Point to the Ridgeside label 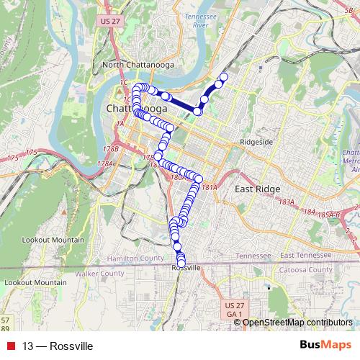tap(256, 142)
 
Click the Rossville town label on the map tap(186, 267)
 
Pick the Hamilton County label tap(135, 258)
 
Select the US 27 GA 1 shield tap(232, 310)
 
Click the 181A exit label tap(209, 187)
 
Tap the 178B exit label tap(111, 148)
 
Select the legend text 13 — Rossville tap(58, 346)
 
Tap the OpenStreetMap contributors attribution tap(297, 323)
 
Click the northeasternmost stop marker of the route tap(223, 76)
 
